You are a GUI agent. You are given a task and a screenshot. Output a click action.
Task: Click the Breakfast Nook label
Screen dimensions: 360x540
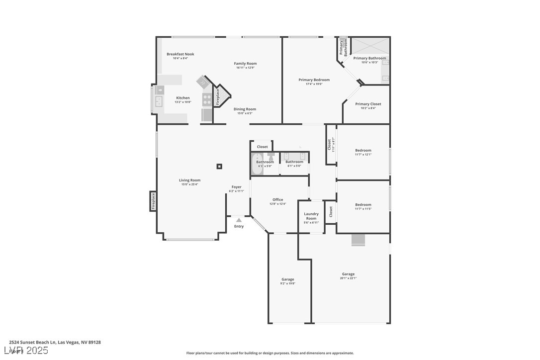pyautogui.click(x=180, y=54)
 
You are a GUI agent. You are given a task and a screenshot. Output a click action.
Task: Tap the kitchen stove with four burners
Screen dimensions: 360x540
pyautogui.click(x=207, y=99)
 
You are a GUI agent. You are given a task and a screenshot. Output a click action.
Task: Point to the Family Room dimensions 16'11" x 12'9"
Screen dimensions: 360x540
pyautogui.click(x=245, y=68)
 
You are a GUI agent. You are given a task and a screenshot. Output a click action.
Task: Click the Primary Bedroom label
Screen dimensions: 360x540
pyautogui.click(x=314, y=80)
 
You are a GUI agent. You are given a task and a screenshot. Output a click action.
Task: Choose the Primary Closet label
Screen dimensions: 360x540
pyautogui.click(x=368, y=104)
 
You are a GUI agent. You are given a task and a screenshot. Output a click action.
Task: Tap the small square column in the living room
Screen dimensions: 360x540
pyautogui.click(x=219, y=166)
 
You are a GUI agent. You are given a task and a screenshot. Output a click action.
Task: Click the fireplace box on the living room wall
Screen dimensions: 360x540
pyautogui.click(x=153, y=201)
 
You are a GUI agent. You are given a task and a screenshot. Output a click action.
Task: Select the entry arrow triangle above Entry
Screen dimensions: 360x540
pyautogui.click(x=239, y=220)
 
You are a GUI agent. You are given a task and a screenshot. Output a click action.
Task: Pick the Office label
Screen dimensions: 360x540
pyautogui.click(x=277, y=200)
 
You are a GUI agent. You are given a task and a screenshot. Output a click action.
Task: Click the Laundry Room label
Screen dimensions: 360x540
pyautogui.click(x=311, y=216)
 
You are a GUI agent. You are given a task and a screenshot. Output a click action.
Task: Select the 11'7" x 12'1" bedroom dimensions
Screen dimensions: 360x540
pyautogui.click(x=363, y=155)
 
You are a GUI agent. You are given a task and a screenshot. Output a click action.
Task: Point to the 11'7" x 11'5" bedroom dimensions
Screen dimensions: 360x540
pyautogui.click(x=363, y=209)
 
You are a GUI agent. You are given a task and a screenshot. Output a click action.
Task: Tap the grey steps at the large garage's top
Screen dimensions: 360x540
pyautogui.click(x=358, y=240)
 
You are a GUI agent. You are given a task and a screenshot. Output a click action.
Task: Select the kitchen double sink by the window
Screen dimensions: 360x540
pyautogui.click(x=160, y=101)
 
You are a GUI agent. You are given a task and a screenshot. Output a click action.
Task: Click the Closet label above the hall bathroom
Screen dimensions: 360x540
pyautogui.click(x=262, y=147)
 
